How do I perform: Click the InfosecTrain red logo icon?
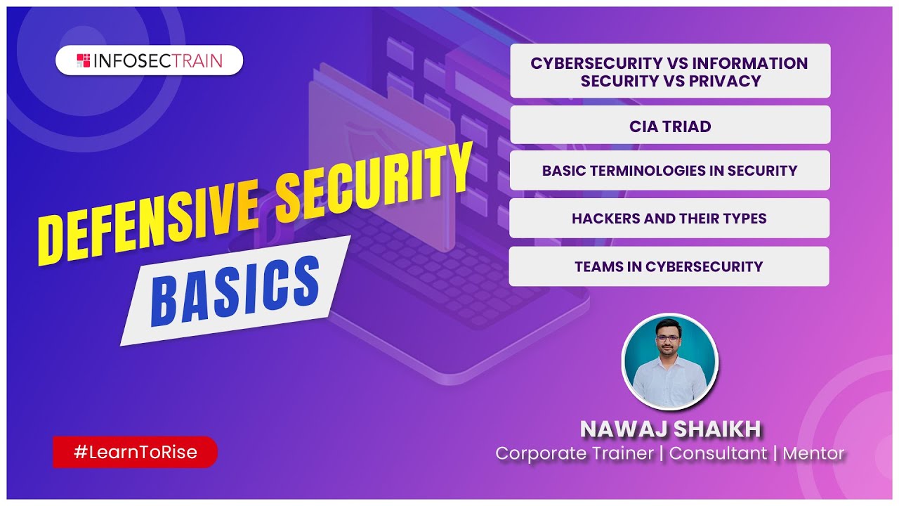coord(84,60)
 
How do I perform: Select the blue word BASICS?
coord(235,289)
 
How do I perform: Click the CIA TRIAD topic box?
coord(670,126)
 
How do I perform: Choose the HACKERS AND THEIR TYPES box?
coord(669,219)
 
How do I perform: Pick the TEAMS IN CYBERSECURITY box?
coord(669,266)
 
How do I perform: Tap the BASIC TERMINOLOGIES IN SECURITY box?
coord(669,171)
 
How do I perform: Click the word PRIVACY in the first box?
coord(726,81)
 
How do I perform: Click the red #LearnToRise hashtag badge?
coord(136,453)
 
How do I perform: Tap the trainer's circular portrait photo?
coord(670,361)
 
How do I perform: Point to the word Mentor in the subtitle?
coord(813,453)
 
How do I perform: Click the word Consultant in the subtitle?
coord(718,453)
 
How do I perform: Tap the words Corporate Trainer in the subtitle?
coord(575,453)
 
